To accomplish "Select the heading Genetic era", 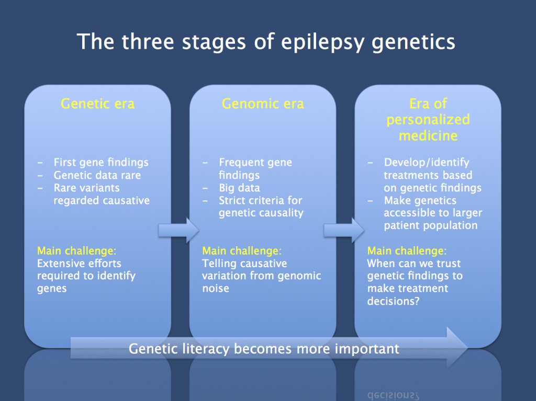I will coord(97,104).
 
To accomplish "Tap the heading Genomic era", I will coord(262,104).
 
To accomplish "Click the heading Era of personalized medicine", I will coord(428,120).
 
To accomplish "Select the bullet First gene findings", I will coord(100,163).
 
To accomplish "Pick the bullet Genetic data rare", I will coord(97,175).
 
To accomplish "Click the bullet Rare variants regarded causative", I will coord(101,194).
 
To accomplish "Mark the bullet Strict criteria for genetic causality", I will coord(260,207).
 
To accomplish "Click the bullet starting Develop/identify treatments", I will coord(432,175).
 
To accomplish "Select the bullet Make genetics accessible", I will coord(432,213).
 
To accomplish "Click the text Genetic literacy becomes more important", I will coord(264,348).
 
